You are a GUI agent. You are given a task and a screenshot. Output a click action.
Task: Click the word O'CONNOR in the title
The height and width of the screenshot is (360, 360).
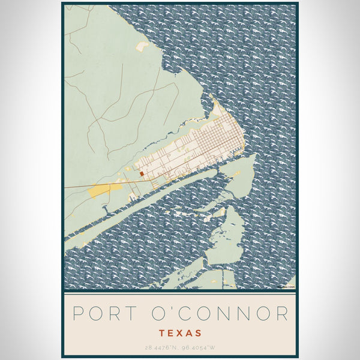pyautogui.click(x=221, y=313)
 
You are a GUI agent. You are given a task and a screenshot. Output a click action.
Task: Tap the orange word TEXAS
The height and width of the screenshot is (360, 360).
pyautogui.click(x=180, y=332)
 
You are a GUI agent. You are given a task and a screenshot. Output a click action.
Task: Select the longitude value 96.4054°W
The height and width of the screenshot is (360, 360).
pyautogui.click(x=200, y=347)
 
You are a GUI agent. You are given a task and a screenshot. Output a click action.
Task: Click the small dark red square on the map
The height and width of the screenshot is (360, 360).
pyautogui.click(x=142, y=174)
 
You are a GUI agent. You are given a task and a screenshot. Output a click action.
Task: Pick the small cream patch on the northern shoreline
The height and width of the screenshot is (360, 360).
pyautogui.click(x=142, y=46)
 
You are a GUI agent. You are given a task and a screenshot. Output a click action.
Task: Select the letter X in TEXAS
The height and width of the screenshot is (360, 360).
pyautogui.click(x=180, y=332)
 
